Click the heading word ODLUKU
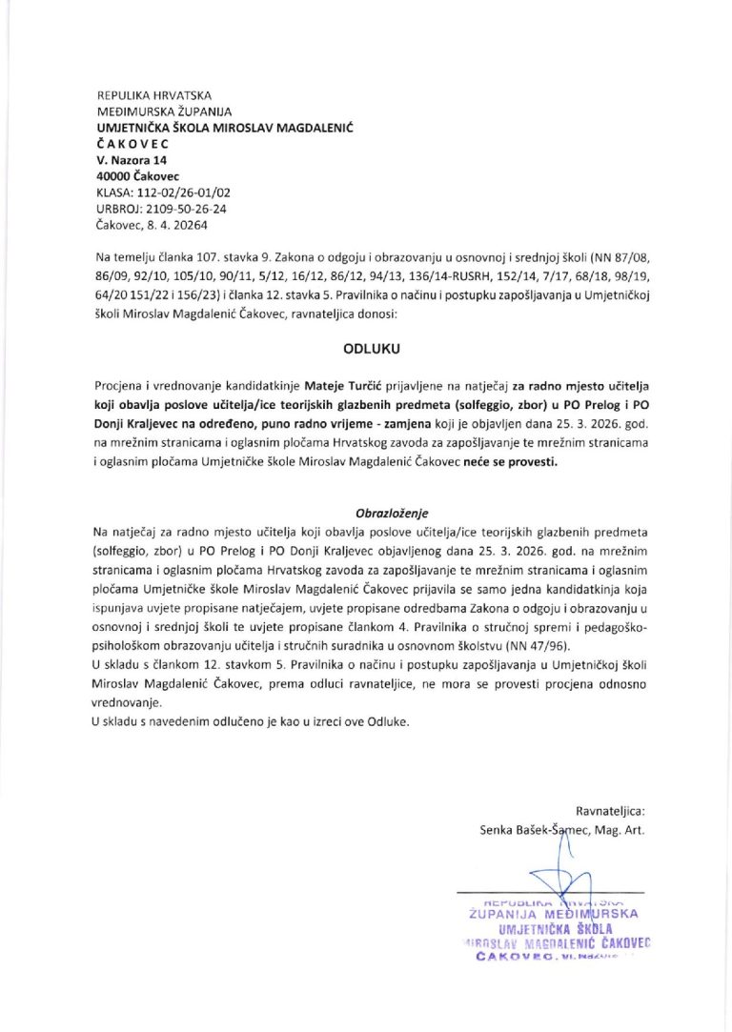tap(366, 348)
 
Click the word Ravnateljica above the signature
tap(610, 811)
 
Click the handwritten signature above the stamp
tap(548, 872)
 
